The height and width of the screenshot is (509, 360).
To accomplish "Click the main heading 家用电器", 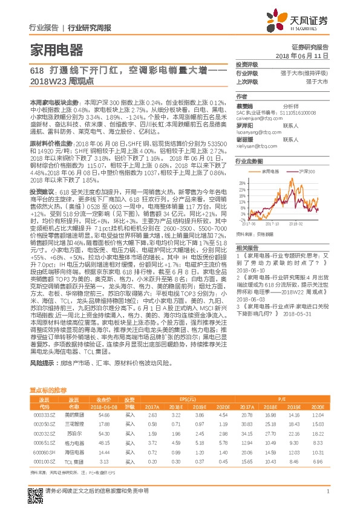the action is [x=56, y=50].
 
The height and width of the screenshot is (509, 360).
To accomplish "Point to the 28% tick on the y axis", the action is [x=241, y=181].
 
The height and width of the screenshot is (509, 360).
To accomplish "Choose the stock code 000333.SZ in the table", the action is [x=44, y=415].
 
